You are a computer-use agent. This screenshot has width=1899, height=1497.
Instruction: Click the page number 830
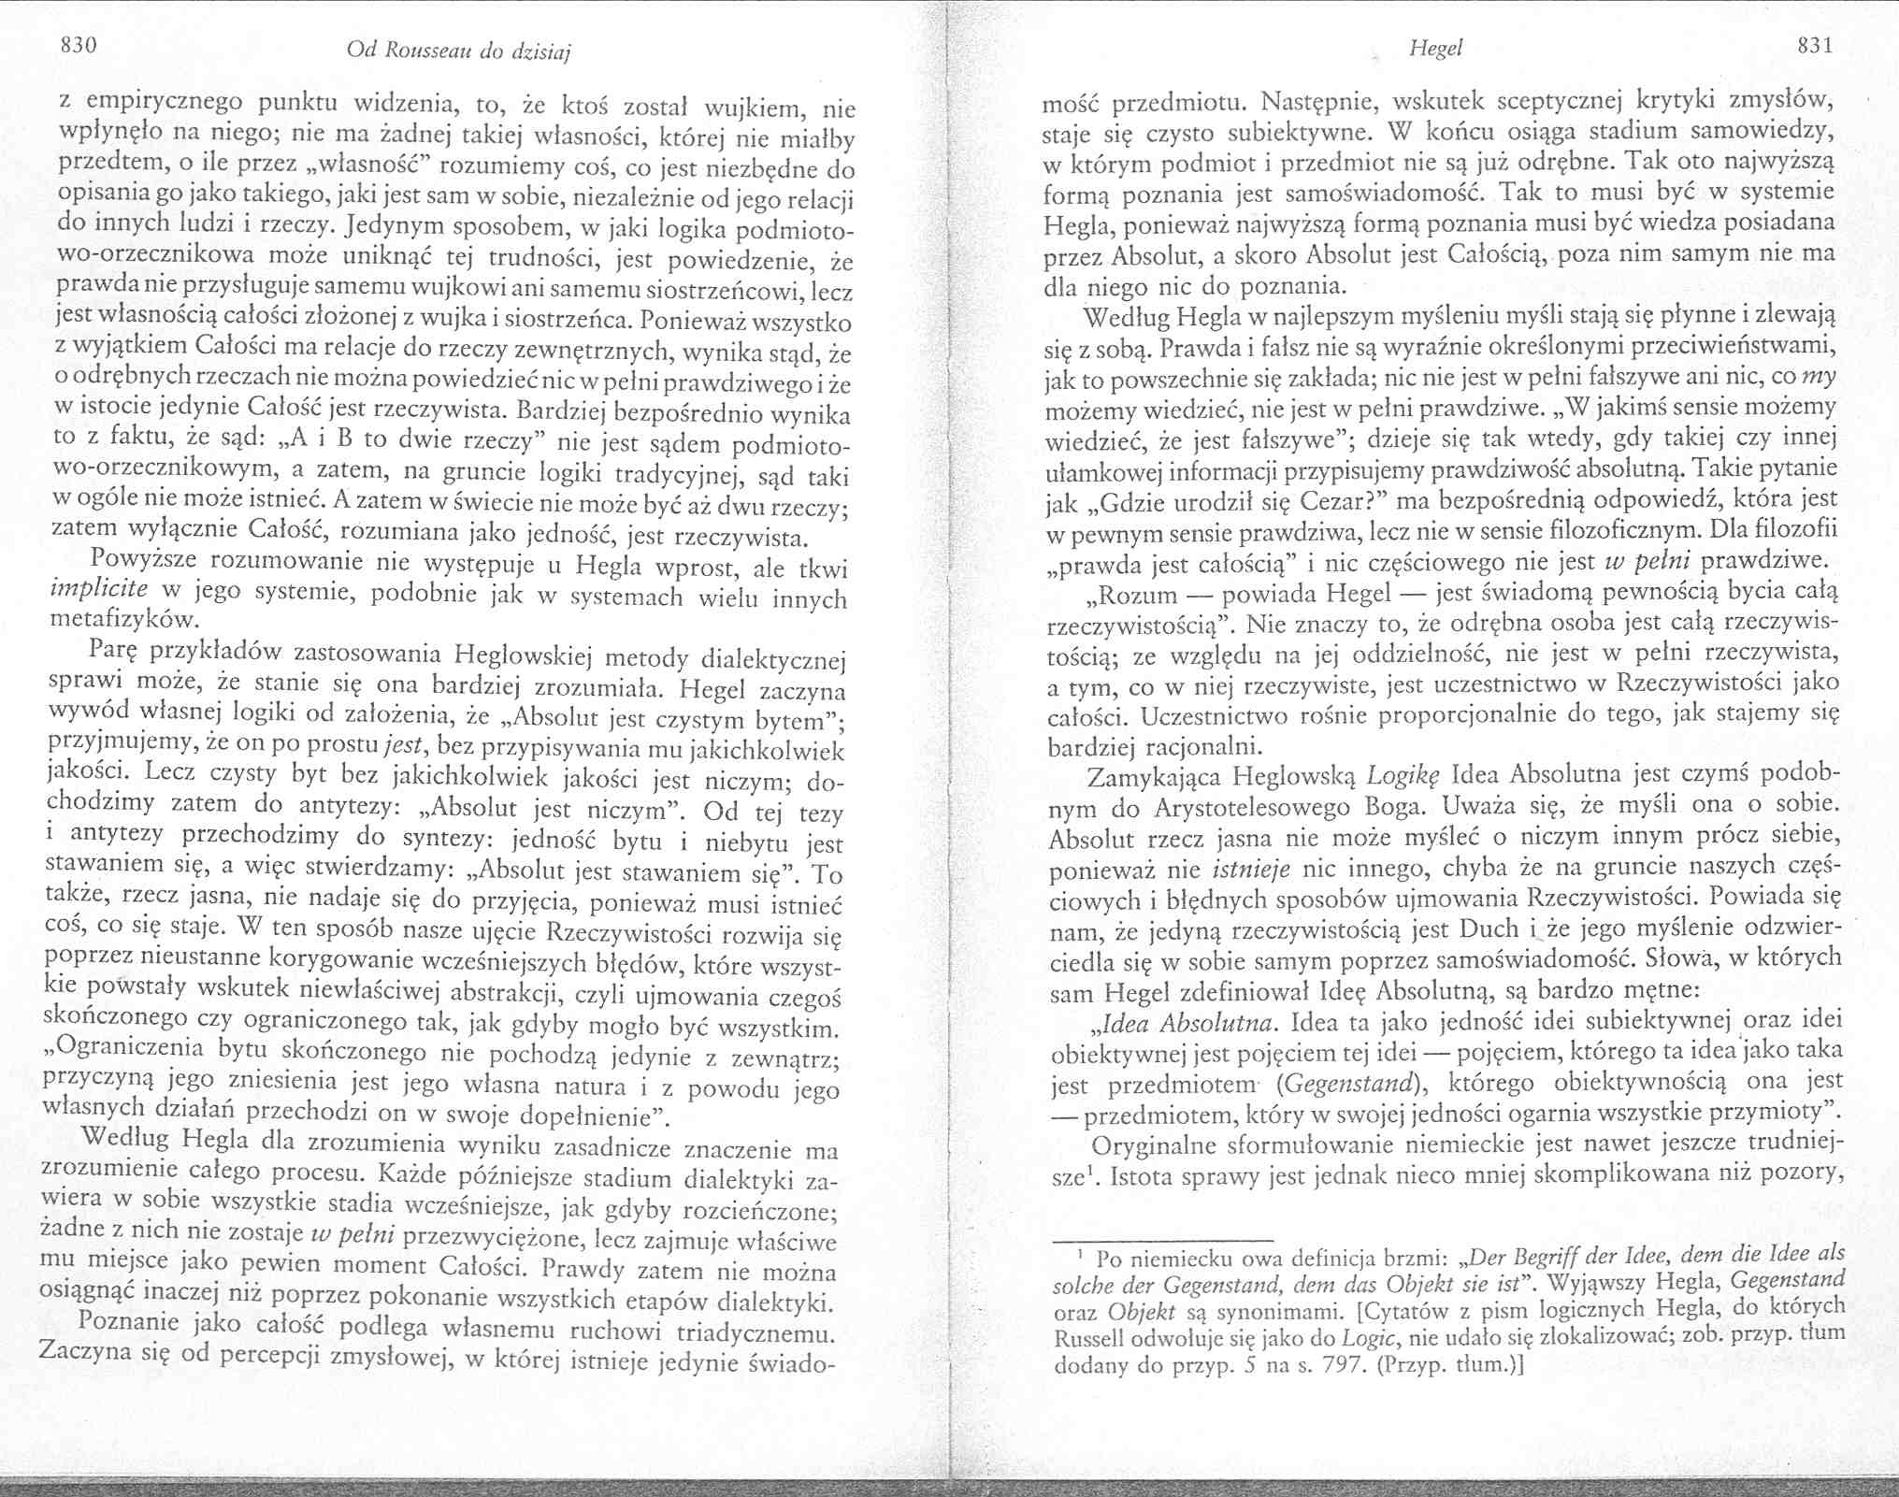pyautogui.click(x=79, y=46)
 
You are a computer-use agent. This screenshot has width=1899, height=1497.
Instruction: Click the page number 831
pyautogui.click(x=1811, y=46)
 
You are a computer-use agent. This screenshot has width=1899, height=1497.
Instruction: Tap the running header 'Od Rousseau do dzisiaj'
pyautogui.click(x=458, y=52)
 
